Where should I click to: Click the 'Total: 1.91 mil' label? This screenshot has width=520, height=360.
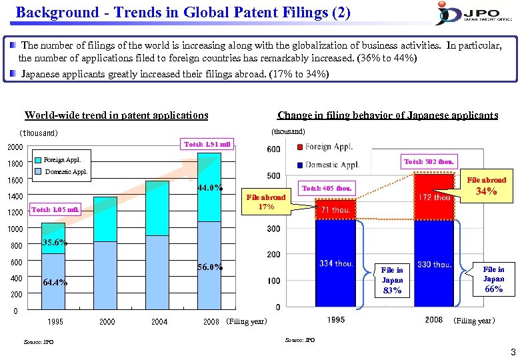(x=209, y=144)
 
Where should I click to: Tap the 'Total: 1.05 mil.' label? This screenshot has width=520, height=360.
(x=56, y=210)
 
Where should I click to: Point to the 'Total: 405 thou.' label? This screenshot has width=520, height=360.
(x=327, y=188)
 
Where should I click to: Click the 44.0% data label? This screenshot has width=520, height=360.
(x=209, y=187)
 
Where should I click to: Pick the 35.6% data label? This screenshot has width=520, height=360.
(x=54, y=243)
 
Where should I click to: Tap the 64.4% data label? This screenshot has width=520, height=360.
(x=54, y=282)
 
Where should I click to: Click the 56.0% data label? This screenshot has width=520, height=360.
(x=209, y=267)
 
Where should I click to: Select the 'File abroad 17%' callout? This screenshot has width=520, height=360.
(x=266, y=202)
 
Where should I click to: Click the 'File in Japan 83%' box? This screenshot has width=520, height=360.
(x=392, y=280)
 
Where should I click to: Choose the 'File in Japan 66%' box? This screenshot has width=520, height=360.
(x=493, y=279)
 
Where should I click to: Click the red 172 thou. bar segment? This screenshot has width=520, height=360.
(x=433, y=197)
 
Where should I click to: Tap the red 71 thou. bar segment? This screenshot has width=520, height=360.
(x=335, y=210)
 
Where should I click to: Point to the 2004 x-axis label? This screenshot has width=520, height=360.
(x=159, y=322)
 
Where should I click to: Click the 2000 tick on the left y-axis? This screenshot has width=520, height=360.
(x=15, y=147)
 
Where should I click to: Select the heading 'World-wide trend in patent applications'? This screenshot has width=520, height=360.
(x=116, y=115)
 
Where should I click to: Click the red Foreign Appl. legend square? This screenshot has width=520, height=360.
(x=301, y=147)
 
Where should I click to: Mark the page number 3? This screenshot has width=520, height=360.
(x=512, y=352)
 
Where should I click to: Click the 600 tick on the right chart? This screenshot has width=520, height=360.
(x=273, y=150)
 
